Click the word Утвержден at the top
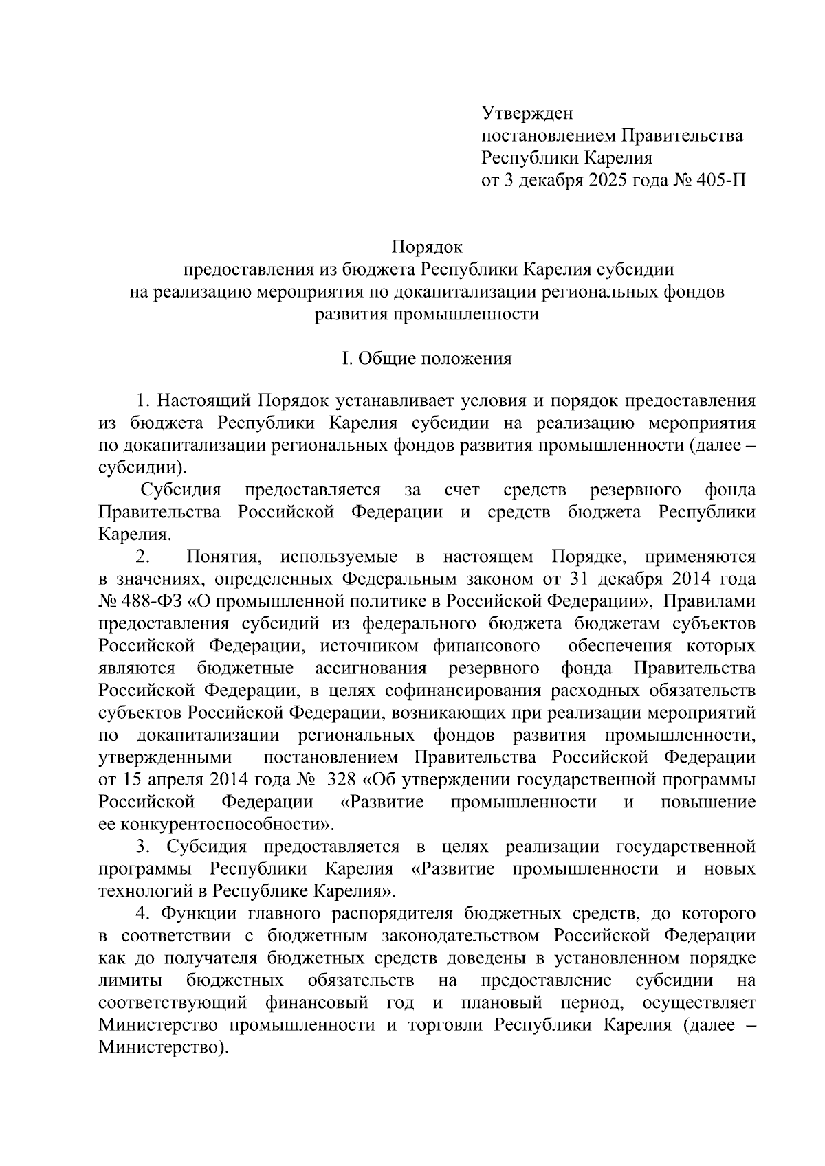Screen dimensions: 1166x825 pos(527,113)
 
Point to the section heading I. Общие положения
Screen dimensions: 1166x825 pos(427,359)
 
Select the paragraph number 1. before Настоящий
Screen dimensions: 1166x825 pos(143,401)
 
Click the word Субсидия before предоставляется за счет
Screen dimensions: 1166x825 pos(181,490)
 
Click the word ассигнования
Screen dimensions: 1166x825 pos(371,668)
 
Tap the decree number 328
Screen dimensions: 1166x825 pos(336,780)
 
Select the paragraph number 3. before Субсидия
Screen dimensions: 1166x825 pos(142,847)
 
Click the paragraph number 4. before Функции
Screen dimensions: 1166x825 pos(142,914)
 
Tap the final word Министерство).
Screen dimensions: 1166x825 pos(163,1048)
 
